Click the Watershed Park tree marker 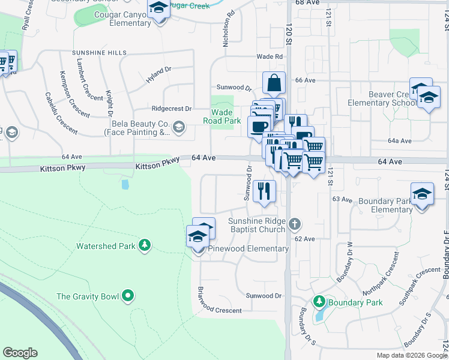pos(144,245)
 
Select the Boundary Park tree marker pos(319,301)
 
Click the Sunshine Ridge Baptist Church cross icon pos(294,224)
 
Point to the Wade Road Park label pos(221,116)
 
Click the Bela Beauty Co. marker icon pos(179,127)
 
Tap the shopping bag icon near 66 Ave pos(274,83)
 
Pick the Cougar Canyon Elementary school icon pos(159,9)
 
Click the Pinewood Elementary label pos(249,248)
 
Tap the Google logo pos(20,353)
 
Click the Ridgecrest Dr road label pos(172,109)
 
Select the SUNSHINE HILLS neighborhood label pos(100,53)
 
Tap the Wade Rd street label pos(270,56)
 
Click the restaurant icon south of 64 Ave pos(265,191)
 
